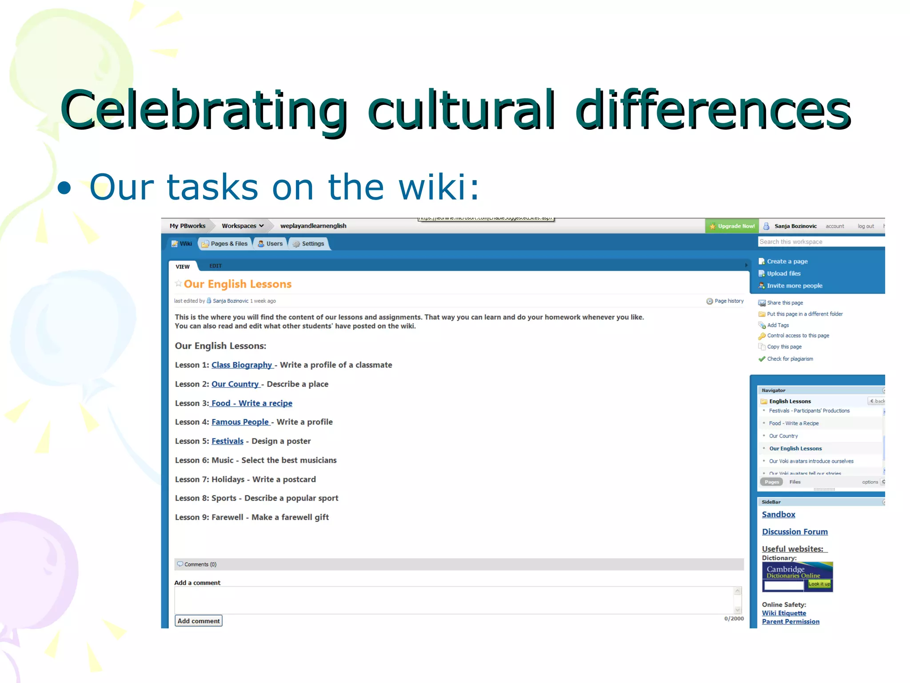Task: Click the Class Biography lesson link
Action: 241,365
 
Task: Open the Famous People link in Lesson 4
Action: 240,422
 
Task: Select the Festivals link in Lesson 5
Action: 227,441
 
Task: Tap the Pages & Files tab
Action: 225,244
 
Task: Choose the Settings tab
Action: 309,244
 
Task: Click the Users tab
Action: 271,244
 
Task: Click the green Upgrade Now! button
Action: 732,226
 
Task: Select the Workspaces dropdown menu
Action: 243,226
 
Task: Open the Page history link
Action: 725,301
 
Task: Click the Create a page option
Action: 787,261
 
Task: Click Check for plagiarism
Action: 790,359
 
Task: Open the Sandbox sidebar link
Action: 778,514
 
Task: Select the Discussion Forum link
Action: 794,532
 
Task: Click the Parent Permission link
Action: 790,622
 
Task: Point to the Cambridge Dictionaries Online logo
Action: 797,571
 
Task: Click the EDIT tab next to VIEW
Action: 216,266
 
